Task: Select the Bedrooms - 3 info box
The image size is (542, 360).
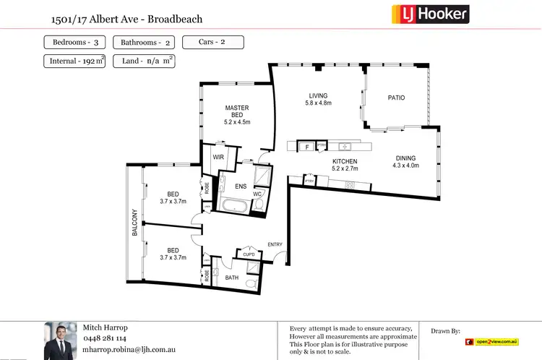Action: [74, 43]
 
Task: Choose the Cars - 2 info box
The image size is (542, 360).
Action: [212, 42]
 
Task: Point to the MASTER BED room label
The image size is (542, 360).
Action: [236, 112]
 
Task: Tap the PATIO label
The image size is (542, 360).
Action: [396, 98]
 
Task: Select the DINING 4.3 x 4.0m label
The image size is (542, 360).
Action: [405, 162]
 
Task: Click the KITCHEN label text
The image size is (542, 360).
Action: [345, 162]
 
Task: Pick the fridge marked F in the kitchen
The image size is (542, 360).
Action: [307, 147]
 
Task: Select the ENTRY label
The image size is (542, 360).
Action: [275, 244]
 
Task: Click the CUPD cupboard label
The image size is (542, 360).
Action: [248, 254]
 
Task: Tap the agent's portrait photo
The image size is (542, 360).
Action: [59, 340]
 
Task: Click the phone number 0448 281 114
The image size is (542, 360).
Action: [106, 338]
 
